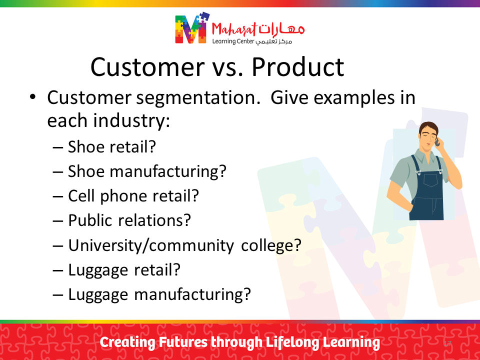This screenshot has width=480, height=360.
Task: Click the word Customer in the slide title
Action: [x=147, y=67]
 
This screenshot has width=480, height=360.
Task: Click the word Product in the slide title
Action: [x=297, y=67]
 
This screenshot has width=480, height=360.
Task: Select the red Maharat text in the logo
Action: [x=234, y=29]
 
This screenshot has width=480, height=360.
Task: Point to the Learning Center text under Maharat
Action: [x=233, y=41]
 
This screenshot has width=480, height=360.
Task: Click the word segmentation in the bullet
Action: [x=198, y=98]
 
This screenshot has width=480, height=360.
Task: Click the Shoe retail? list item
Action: [x=111, y=146]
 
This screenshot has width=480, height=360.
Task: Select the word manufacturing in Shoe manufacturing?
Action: [x=168, y=171]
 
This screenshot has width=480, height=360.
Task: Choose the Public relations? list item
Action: [x=129, y=220]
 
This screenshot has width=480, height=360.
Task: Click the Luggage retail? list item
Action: [x=124, y=270]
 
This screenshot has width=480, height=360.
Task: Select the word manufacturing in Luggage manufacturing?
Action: [x=192, y=295]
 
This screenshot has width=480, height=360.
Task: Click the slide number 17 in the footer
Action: [x=447, y=343]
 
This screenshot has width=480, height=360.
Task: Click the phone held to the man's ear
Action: [x=437, y=141]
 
